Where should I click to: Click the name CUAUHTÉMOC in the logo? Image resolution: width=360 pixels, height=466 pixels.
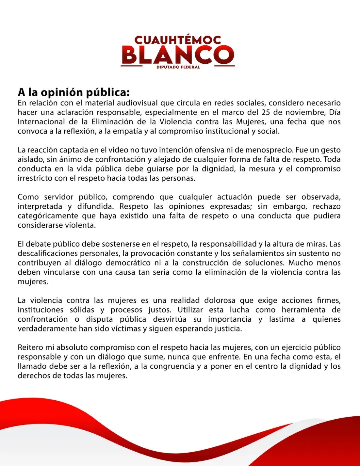coord(178,39)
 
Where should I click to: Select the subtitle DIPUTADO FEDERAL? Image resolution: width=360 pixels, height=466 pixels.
coord(178,67)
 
